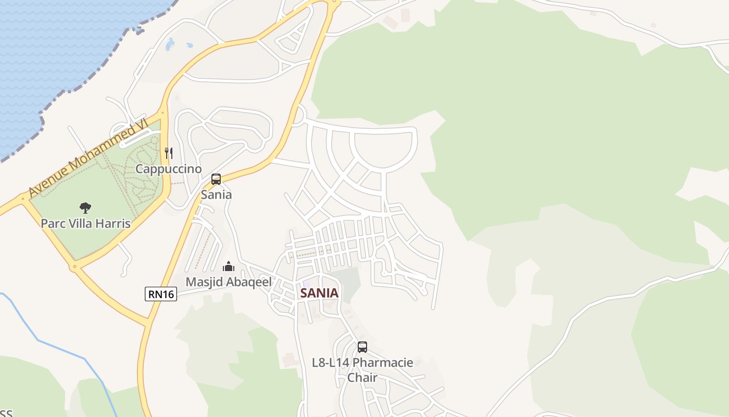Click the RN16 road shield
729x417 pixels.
(161, 294)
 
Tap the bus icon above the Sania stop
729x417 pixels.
(216, 180)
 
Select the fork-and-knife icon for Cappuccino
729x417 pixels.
(168, 153)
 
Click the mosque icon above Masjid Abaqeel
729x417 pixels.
(229, 267)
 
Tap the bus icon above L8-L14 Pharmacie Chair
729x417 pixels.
(362, 347)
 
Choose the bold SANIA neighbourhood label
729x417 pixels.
(319, 293)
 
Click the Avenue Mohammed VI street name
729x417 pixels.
(89, 157)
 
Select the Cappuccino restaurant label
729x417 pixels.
(168, 169)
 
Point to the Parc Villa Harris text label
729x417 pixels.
(85, 224)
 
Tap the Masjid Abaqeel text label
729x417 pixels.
(229, 282)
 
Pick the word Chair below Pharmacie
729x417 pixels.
(362, 377)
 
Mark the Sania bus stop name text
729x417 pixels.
(216, 194)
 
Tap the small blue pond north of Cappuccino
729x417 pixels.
(170, 45)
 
